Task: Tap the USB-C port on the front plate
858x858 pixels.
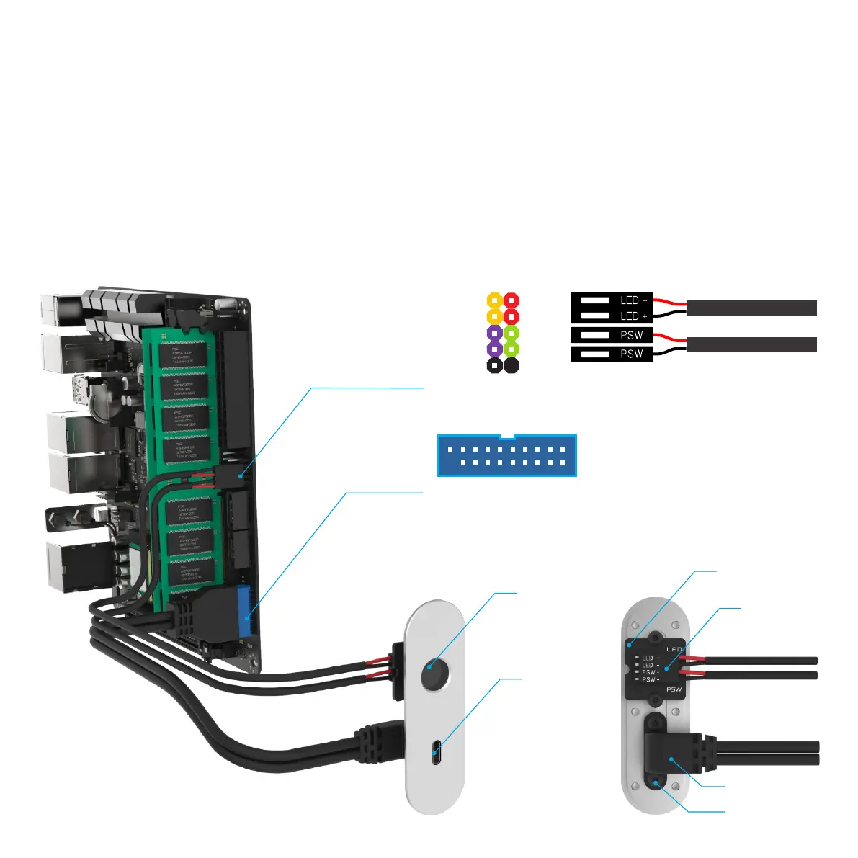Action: (x=436, y=753)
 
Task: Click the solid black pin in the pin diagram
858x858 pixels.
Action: (x=511, y=366)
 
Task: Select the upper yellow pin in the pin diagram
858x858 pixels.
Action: (x=494, y=300)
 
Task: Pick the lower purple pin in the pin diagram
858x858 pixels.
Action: (x=494, y=349)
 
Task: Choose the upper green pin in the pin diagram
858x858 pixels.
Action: (x=511, y=333)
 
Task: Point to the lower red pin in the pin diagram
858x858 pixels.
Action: (x=511, y=316)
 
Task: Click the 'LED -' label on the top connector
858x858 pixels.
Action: (x=633, y=300)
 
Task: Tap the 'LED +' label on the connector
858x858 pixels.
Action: (x=633, y=316)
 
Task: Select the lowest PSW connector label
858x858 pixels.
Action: (x=631, y=354)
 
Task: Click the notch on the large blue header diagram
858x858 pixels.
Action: (x=507, y=437)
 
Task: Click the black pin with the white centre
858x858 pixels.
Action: (x=494, y=366)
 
